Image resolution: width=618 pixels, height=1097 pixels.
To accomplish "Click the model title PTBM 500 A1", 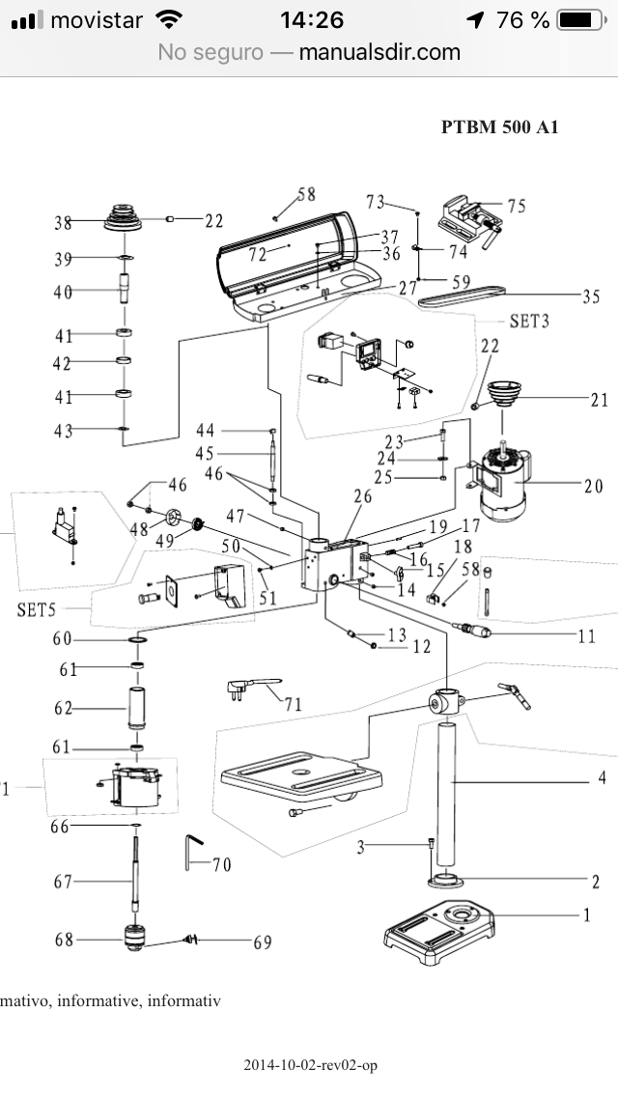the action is coord(500,127).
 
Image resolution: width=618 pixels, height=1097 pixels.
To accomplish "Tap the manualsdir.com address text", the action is coord(379,52).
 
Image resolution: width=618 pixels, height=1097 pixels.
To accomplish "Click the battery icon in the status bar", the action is coord(581,20).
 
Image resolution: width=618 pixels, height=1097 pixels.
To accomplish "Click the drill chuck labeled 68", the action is coord(134,937).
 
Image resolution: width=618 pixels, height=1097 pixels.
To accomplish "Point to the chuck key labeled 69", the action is coord(191,939).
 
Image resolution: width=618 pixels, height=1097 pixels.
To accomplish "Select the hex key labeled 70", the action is coord(193,851).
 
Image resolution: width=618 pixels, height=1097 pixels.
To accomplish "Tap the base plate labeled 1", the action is coord(438,932).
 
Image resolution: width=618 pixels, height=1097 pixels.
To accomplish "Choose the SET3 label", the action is coord(529,322).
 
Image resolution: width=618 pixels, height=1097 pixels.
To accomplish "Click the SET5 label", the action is coord(36,610).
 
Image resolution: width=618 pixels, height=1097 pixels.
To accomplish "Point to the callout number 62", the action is coord(63,709).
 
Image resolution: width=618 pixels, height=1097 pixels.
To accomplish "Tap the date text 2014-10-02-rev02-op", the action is coord(310,1065).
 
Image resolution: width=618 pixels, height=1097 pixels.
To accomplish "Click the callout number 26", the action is coord(362,496).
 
